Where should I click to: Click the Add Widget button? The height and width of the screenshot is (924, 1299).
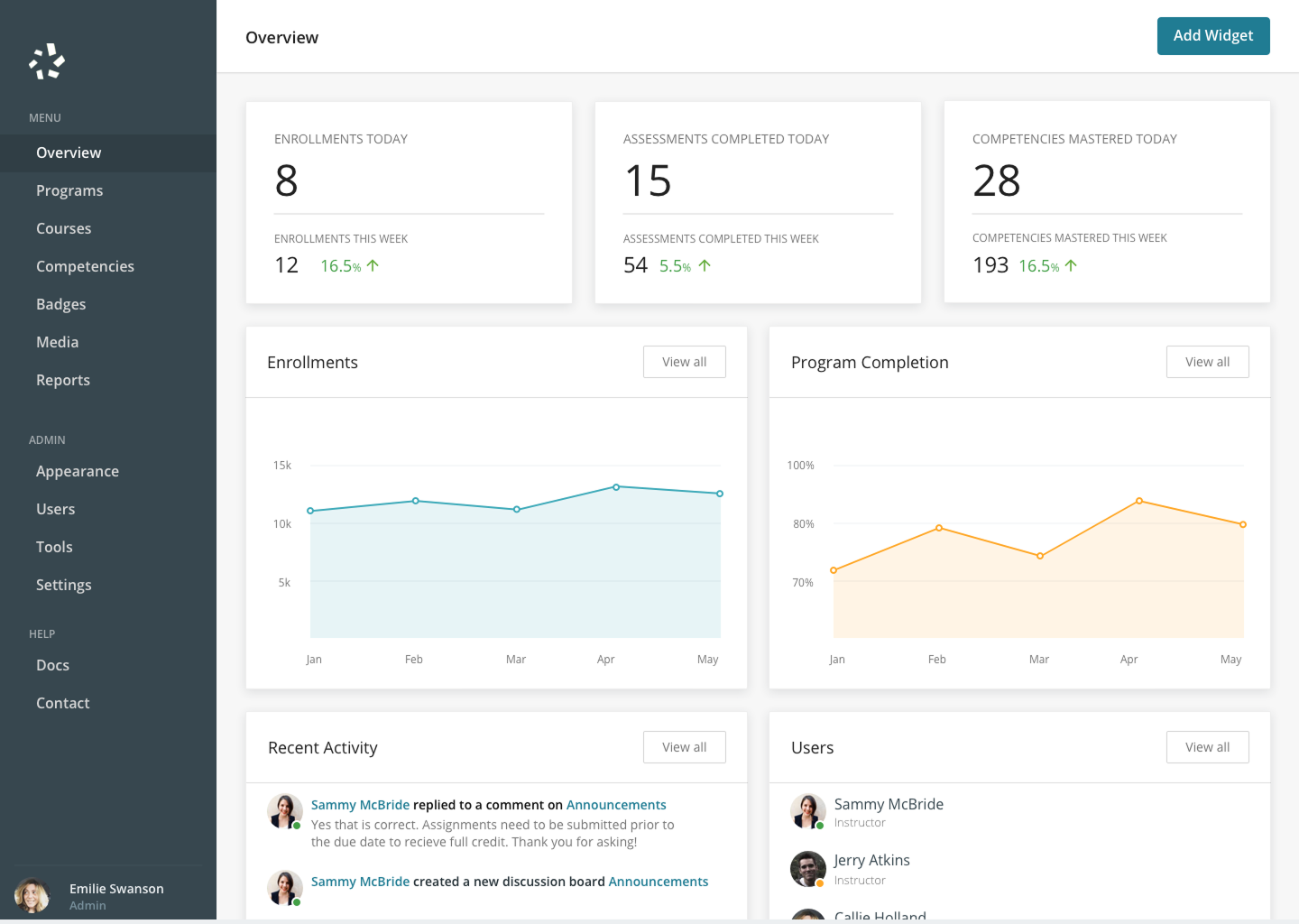click(x=1213, y=36)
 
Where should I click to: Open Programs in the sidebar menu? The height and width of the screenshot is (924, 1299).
click(x=69, y=190)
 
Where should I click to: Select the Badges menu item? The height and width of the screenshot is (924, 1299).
click(x=61, y=304)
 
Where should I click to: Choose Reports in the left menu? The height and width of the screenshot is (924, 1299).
click(x=63, y=380)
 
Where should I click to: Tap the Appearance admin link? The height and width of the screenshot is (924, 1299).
click(x=78, y=471)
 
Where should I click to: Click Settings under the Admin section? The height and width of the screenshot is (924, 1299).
click(x=64, y=585)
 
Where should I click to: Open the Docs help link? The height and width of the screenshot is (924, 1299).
click(x=52, y=665)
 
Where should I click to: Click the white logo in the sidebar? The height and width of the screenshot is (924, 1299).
click(x=47, y=60)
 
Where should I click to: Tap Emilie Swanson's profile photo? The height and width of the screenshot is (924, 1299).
click(x=32, y=895)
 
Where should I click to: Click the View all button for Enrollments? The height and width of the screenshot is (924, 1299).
click(x=685, y=362)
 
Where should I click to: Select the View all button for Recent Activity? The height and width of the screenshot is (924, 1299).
click(x=685, y=747)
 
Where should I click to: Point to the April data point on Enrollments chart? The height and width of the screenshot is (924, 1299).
click(x=616, y=487)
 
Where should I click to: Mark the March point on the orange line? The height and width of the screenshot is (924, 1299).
click(x=1040, y=556)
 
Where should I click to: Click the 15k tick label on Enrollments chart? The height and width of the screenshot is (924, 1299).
click(x=282, y=466)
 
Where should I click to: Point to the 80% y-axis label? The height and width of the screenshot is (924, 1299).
click(x=804, y=523)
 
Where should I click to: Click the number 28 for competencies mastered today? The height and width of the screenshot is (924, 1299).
click(x=996, y=180)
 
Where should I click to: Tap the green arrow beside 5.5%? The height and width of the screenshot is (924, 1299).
click(x=705, y=265)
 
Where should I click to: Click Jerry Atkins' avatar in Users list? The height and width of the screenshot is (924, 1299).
click(x=808, y=869)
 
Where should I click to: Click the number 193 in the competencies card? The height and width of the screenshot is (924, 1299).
click(x=990, y=265)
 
